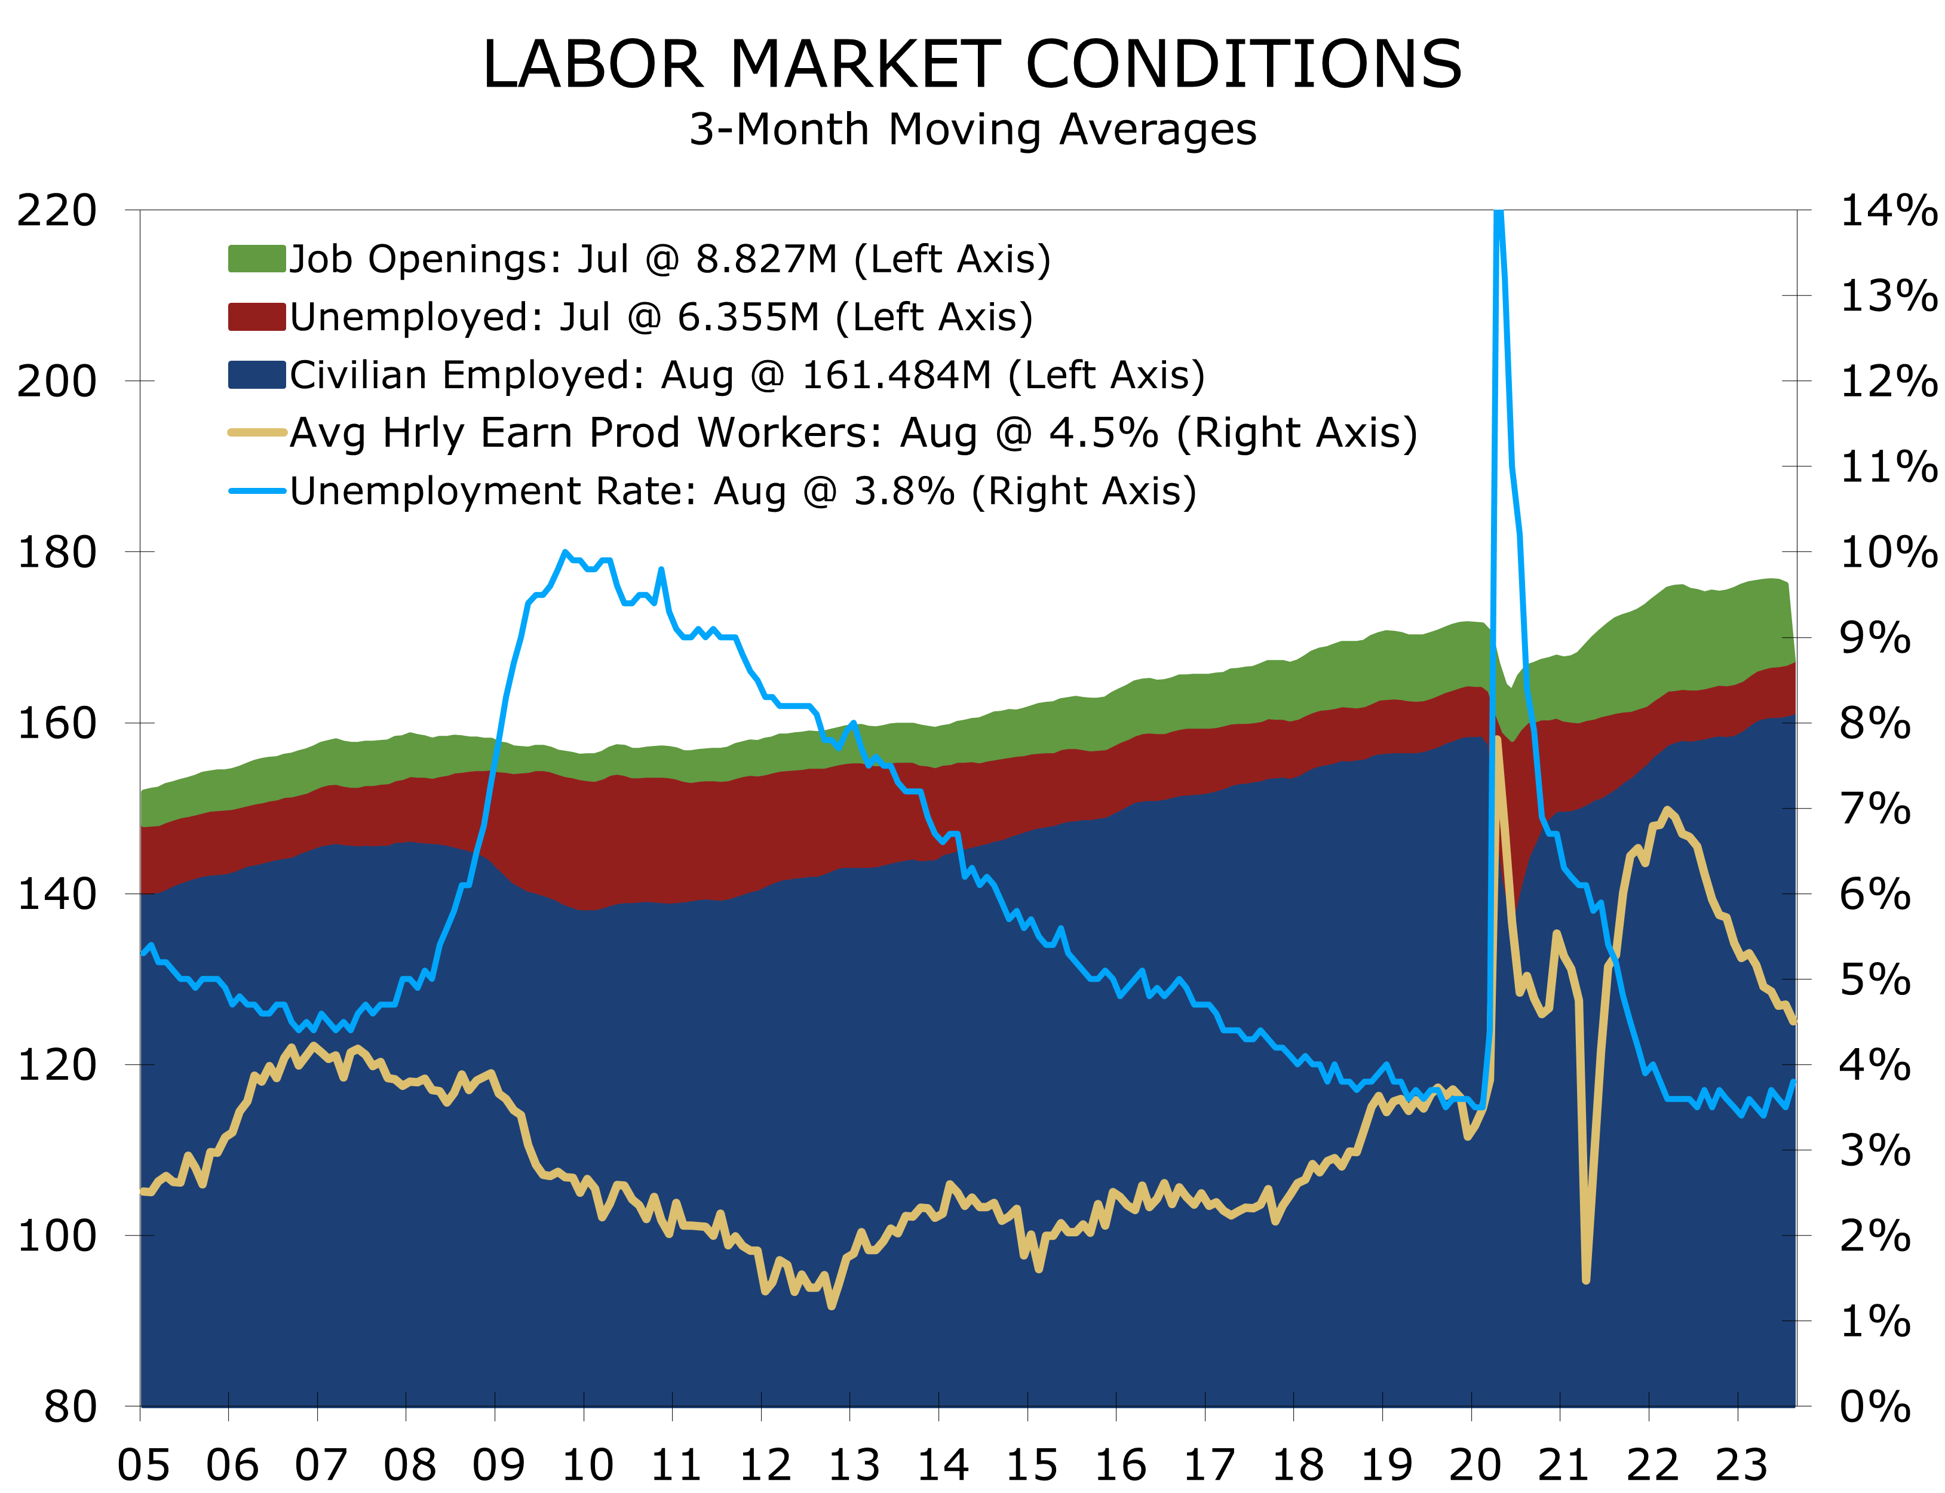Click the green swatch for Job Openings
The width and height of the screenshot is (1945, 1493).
click(x=257, y=259)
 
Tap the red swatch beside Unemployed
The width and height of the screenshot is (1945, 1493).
click(x=257, y=317)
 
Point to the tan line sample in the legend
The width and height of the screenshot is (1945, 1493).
click(x=257, y=433)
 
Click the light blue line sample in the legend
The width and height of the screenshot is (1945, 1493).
click(x=257, y=490)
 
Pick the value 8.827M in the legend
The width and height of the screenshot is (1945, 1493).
click(x=766, y=260)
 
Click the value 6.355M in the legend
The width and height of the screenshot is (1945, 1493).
click(x=748, y=317)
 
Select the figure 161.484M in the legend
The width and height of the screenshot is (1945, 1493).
click(x=896, y=375)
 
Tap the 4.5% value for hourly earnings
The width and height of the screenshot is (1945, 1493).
click(x=1103, y=433)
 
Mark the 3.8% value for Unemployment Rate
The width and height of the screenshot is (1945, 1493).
click(x=904, y=491)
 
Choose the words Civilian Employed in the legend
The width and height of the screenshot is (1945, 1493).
click(x=467, y=375)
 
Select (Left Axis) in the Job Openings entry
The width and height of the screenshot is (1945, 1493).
click(x=952, y=260)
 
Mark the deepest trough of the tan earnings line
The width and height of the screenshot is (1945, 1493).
click(x=1586, y=1280)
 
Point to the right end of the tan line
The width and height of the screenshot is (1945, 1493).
click(x=1794, y=1022)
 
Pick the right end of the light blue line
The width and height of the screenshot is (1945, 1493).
click(x=1794, y=1082)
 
